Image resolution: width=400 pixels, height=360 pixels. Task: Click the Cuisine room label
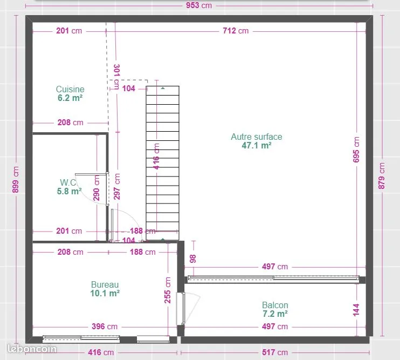point(70,90)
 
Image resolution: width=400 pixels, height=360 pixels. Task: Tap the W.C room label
point(68,182)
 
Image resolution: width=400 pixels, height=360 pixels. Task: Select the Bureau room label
point(105,284)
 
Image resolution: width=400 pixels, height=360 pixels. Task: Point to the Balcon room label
point(275,305)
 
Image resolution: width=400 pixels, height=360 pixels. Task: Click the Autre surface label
point(257,137)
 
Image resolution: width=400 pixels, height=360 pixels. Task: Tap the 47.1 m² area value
point(257,146)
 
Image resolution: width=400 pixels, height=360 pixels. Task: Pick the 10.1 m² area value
point(105,294)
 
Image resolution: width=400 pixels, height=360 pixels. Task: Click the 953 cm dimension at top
point(199,5)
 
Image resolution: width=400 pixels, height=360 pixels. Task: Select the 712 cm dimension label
point(236,31)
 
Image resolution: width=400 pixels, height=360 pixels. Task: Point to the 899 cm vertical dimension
point(16,180)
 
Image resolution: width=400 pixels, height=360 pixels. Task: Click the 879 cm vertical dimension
point(381,176)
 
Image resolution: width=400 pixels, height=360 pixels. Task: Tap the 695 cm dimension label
point(356,150)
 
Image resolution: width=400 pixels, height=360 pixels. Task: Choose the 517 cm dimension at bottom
point(275,352)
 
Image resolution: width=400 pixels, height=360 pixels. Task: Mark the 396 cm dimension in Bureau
point(105,327)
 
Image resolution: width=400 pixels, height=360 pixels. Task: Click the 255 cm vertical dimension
point(167,290)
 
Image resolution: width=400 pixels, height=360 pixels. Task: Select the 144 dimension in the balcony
point(356,310)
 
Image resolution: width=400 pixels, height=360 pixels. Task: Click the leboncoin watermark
point(32,349)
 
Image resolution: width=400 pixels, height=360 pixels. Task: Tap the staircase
point(162,163)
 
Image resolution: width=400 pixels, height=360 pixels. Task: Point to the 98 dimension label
point(193,259)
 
